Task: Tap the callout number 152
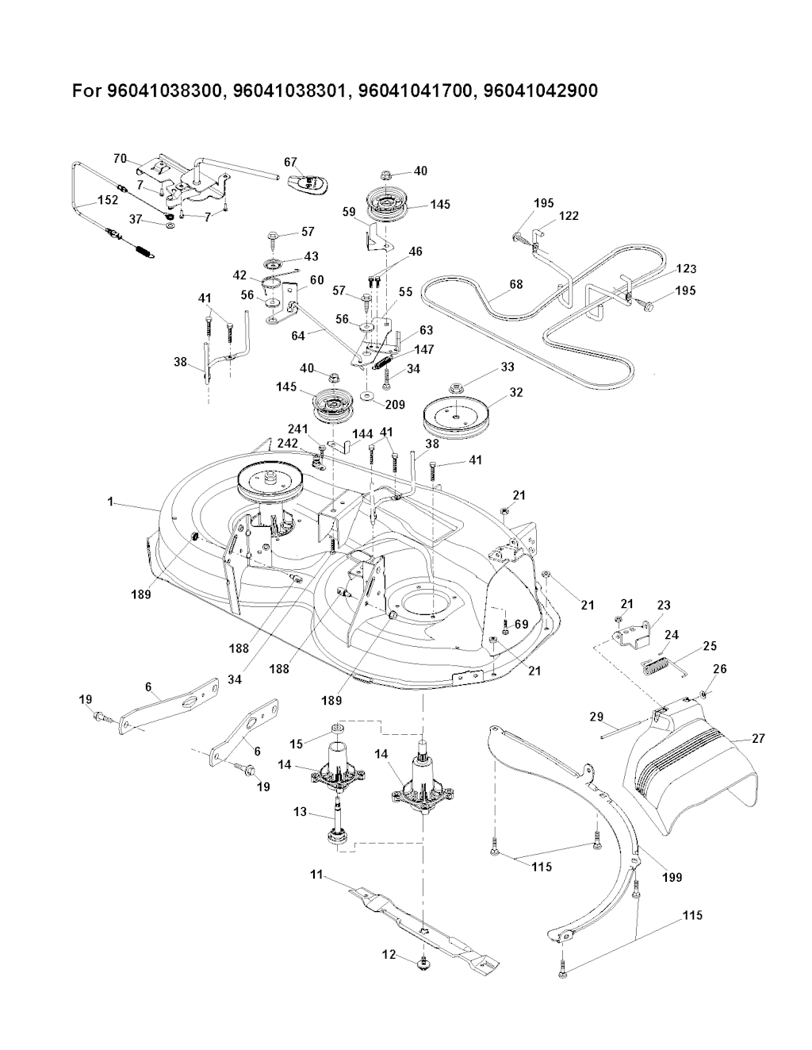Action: click(108, 201)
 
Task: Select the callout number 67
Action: click(289, 162)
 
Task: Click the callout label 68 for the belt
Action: click(515, 284)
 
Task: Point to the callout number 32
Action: click(516, 391)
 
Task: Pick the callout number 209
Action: click(394, 405)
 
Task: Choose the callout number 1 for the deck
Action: click(111, 502)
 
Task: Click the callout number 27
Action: click(758, 738)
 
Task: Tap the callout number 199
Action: click(672, 877)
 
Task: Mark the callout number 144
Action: click(363, 435)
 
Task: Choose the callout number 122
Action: click(569, 215)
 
